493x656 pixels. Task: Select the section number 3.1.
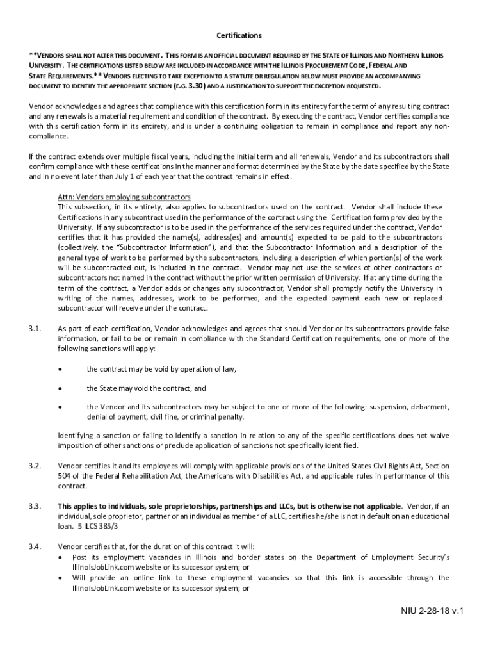[x=35, y=329]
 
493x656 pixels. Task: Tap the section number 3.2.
[x=35, y=465]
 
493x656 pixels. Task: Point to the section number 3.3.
[x=35, y=505]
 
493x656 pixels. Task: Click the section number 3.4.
[x=35, y=546]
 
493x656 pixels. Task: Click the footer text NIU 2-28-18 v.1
[x=428, y=610]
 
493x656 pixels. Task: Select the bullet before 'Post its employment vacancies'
[x=60, y=557]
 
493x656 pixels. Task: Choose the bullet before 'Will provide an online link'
[x=60, y=578]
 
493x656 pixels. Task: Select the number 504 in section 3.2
[x=65, y=476]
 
